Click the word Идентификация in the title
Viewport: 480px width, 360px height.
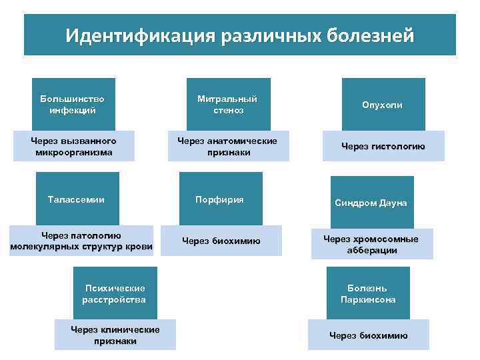tap(137, 34)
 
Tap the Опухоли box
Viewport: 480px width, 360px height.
tap(383, 105)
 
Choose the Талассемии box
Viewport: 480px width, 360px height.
tap(77, 199)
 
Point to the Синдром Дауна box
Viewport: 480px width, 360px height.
tap(372, 203)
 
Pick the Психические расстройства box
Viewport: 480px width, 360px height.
tap(115, 293)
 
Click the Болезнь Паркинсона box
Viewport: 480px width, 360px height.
tap(368, 294)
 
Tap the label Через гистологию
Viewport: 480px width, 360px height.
tap(383, 147)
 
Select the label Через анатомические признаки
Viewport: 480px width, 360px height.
tap(228, 147)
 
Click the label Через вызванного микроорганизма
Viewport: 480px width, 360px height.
tap(73, 147)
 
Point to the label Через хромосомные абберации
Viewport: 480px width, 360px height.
tap(371, 244)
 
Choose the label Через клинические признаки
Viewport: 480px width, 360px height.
tap(115, 335)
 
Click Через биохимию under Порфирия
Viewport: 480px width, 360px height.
tap(221, 241)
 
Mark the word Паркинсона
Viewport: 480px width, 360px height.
tap(368, 300)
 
